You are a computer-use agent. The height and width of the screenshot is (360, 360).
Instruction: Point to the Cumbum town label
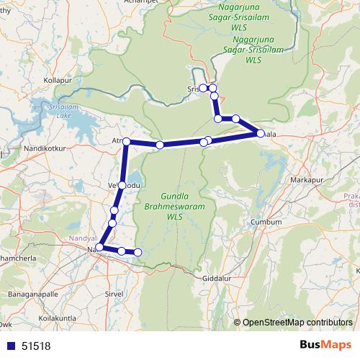click(x=266, y=222)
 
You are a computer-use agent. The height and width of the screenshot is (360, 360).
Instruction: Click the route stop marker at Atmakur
click(x=126, y=141)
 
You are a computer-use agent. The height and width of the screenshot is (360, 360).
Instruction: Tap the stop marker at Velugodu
click(x=122, y=186)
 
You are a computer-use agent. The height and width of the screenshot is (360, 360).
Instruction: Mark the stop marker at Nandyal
click(x=99, y=248)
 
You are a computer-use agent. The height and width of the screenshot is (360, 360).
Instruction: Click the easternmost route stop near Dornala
click(x=260, y=133)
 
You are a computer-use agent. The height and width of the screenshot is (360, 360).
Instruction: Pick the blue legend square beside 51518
click(x=9, y=346)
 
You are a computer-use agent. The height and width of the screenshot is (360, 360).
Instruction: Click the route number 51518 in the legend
click(x=37, y=346)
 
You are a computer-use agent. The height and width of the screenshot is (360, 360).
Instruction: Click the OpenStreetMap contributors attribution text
click(x=296, y=323)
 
